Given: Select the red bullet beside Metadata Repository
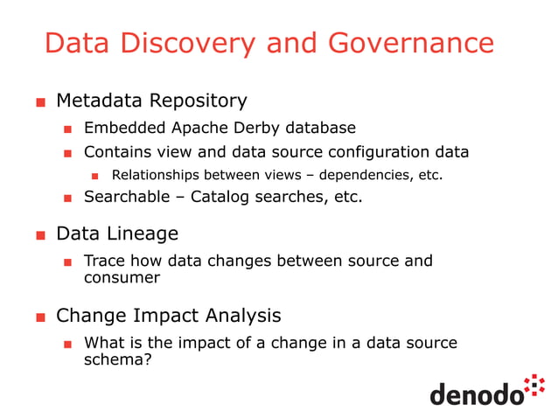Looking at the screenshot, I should (40, 103).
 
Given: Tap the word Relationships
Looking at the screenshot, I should (155, 175).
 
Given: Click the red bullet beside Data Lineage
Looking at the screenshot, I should (40, 235).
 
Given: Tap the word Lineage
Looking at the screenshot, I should (140, 233).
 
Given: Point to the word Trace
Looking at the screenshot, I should (104, 261).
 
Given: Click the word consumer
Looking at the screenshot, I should (122, 277).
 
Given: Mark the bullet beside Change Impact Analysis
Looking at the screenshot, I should (40, 317).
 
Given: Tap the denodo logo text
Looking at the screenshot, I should (476, 394).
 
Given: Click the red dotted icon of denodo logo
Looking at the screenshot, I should (534, 385).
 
